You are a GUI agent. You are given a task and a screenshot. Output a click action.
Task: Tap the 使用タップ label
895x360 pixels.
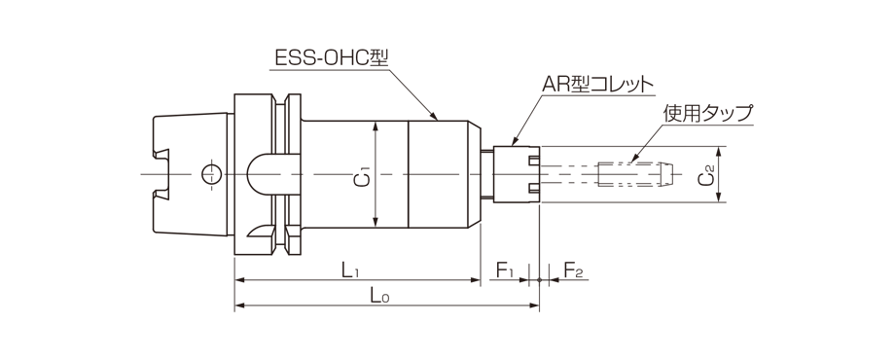(707, 113)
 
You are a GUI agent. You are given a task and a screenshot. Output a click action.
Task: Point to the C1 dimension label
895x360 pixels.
(362, 176)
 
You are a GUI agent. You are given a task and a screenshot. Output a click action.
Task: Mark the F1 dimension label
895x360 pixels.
(505, 270)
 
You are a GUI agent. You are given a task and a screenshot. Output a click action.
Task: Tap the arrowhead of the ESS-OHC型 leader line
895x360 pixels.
(440, 118)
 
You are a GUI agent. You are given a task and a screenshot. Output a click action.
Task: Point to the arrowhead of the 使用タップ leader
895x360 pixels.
(632, 158)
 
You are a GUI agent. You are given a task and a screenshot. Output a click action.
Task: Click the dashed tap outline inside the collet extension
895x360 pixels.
(632, 175)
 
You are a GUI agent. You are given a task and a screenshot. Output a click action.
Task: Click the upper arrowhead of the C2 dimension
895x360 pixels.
(720, 152)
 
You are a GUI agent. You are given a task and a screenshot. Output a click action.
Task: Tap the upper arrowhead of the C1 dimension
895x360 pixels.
(377, 126)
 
